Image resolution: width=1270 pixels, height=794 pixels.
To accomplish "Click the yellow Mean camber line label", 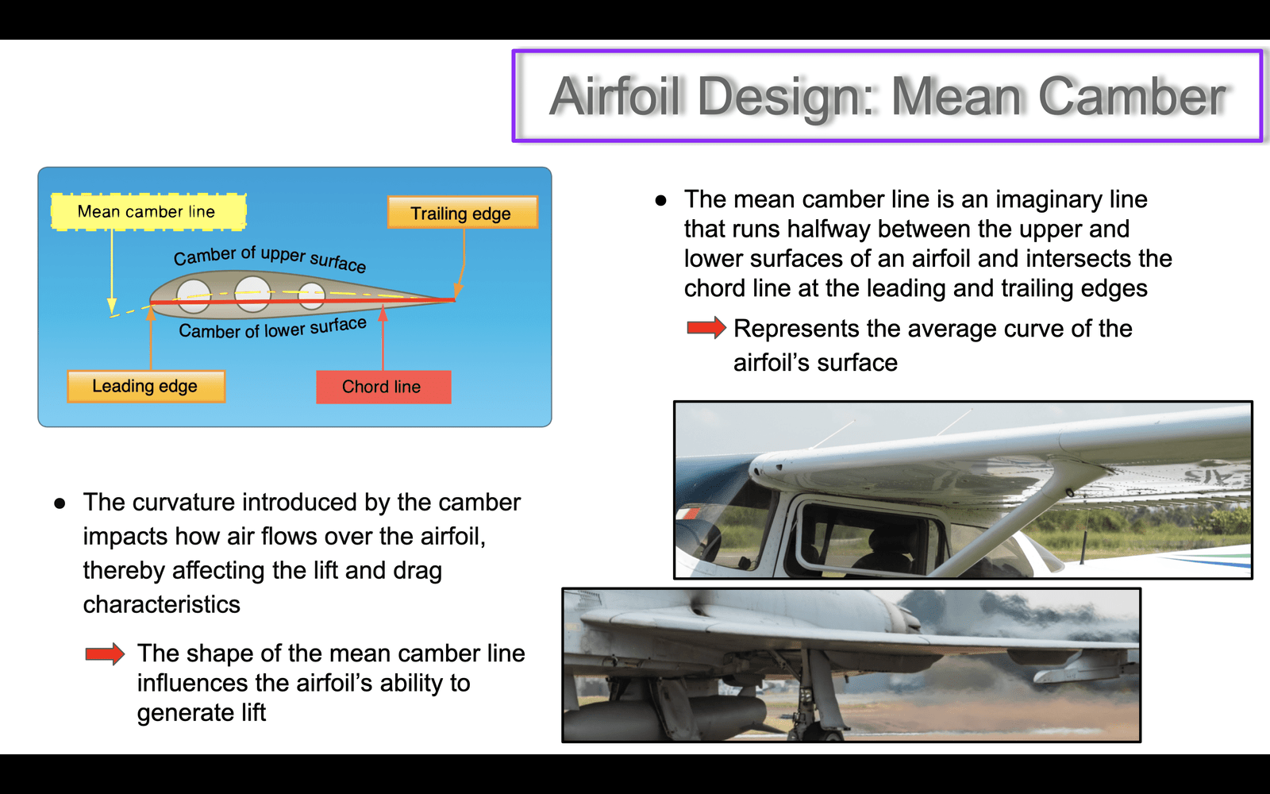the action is click(x=148, y=211).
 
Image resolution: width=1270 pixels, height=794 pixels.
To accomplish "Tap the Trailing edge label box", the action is click(x=463, y=213).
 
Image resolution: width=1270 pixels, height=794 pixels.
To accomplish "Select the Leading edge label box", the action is click(x=146, y=387).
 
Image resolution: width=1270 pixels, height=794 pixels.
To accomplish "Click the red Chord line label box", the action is click(x=384, y=387).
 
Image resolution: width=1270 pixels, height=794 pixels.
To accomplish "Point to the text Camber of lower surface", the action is click(x=273, y=328).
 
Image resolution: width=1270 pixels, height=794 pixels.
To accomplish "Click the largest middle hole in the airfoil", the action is click(x=252, y=293).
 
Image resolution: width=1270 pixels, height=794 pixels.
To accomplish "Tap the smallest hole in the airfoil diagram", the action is click(x=311, y=296).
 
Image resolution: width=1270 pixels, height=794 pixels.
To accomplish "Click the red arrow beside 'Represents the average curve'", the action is click(x=706, y=328).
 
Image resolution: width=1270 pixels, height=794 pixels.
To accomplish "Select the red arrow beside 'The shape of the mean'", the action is click(x=105, y=654).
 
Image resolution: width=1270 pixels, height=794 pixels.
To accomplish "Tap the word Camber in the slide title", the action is click(x=1132, y=96).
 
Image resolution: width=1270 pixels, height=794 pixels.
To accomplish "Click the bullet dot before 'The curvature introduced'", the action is click(x=60, y=503).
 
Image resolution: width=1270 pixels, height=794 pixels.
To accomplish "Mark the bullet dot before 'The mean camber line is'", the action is click(x=660, y=200).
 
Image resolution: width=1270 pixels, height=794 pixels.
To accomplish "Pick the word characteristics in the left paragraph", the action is click(x=162, y=604).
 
